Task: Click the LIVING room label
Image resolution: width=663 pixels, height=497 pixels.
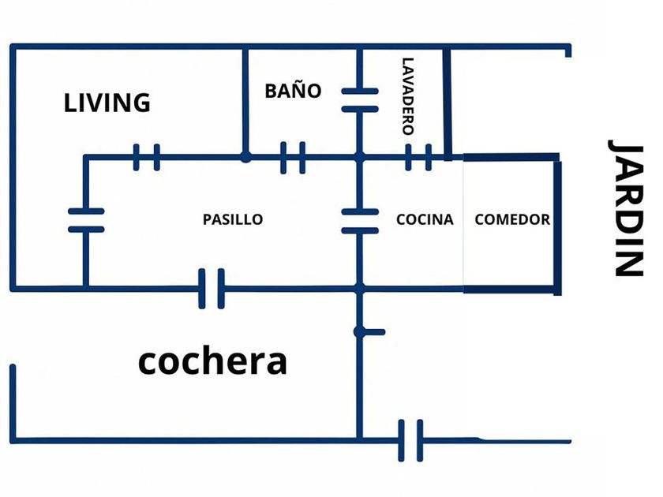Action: [x=107, y=103]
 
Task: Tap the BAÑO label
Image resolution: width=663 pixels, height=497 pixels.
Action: [x=293, y=91]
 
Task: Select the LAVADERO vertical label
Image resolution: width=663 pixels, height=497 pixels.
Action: [x=408, y=96]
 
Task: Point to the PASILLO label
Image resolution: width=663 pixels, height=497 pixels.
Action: [x=232, y=219]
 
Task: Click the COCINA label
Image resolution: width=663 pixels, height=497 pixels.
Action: [x=425, y=219]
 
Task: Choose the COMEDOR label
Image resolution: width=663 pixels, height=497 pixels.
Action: [x=512, y=219]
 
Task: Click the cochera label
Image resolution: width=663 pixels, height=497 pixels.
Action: [x=212, y=362]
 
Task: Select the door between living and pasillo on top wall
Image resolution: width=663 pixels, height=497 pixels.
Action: [x=147, y=157]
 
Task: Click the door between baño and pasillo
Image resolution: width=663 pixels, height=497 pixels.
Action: [x=293, y=157]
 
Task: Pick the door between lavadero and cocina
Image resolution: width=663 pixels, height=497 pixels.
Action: [x=418, y=157]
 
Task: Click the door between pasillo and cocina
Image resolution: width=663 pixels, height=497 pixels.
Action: [x=359, y=221]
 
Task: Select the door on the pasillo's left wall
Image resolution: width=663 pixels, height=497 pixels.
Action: [x=86, y=221]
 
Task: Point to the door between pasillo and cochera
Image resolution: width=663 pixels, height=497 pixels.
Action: [x=210, y=288]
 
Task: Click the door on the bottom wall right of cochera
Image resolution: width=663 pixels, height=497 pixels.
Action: [x=410, y=440]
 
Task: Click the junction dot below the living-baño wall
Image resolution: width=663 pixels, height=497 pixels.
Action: [x=246, y=158]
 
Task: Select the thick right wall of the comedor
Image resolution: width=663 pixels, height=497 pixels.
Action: [x=557, y=227]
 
